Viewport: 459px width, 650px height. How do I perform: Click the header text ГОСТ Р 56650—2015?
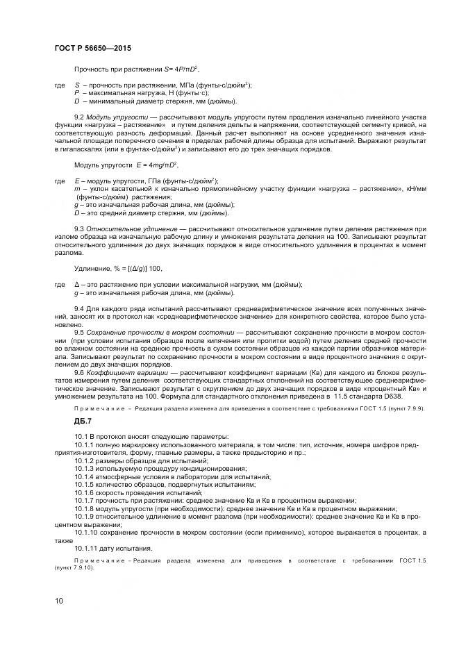(x=92, y=47)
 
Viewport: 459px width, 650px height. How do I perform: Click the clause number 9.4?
(x=79, y=307)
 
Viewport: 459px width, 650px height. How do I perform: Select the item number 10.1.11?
(x=87, y=549)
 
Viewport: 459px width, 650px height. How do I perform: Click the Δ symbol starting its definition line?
(x=76, y=284)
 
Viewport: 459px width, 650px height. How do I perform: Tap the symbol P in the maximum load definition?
(x=76, y=92)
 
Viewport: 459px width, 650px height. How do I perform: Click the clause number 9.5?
(x=79, y=333)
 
